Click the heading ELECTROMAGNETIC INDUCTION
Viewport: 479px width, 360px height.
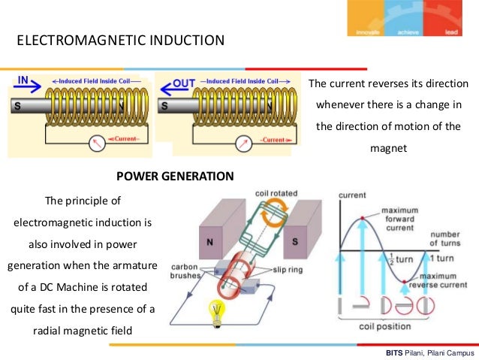tap(120, 40)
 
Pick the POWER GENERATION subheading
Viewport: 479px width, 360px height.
tap(175, 177)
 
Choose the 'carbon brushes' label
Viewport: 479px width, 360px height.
tap(184, 271)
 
